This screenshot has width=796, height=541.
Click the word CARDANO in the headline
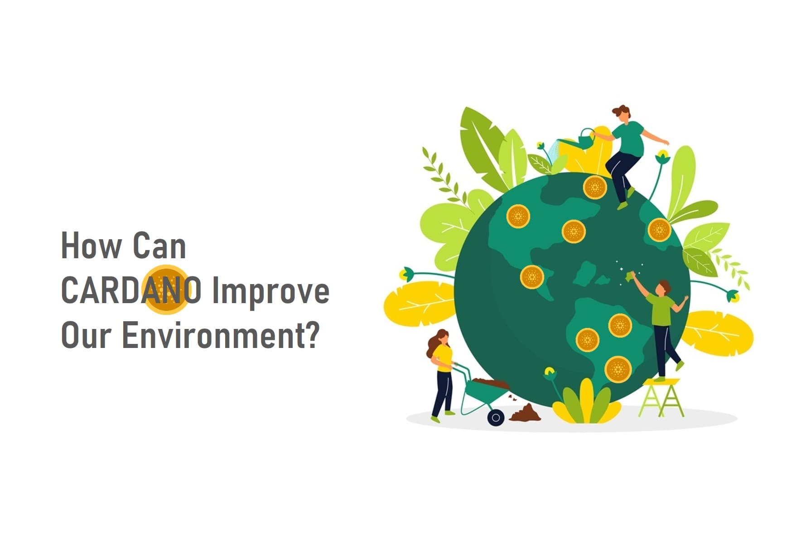coord(131,290)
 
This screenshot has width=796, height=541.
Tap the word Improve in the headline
coord(270,292)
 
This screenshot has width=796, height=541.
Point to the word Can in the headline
coord(159,246)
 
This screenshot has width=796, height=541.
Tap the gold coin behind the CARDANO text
coord(165,290)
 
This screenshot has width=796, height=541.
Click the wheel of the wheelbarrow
coord(496,417)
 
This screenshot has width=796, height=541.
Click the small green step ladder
coord(661,397)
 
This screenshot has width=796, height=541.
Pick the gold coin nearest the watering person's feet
coord(595,187)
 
